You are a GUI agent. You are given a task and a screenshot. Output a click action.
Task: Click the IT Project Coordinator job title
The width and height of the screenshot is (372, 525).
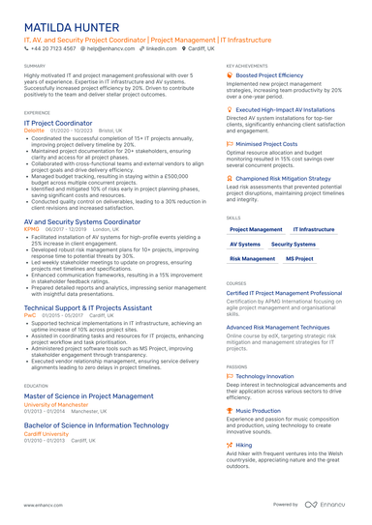click(x=58, y=123)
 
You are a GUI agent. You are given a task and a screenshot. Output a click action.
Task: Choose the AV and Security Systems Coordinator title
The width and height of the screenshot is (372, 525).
click(x=81, y=221)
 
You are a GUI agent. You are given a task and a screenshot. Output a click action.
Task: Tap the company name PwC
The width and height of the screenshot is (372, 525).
click(x=30, y=314)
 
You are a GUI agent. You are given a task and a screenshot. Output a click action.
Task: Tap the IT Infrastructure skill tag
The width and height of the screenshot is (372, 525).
click(x=313, y=229)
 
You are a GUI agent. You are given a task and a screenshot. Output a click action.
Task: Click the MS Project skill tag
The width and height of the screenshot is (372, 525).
click(x=299, y=259)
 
